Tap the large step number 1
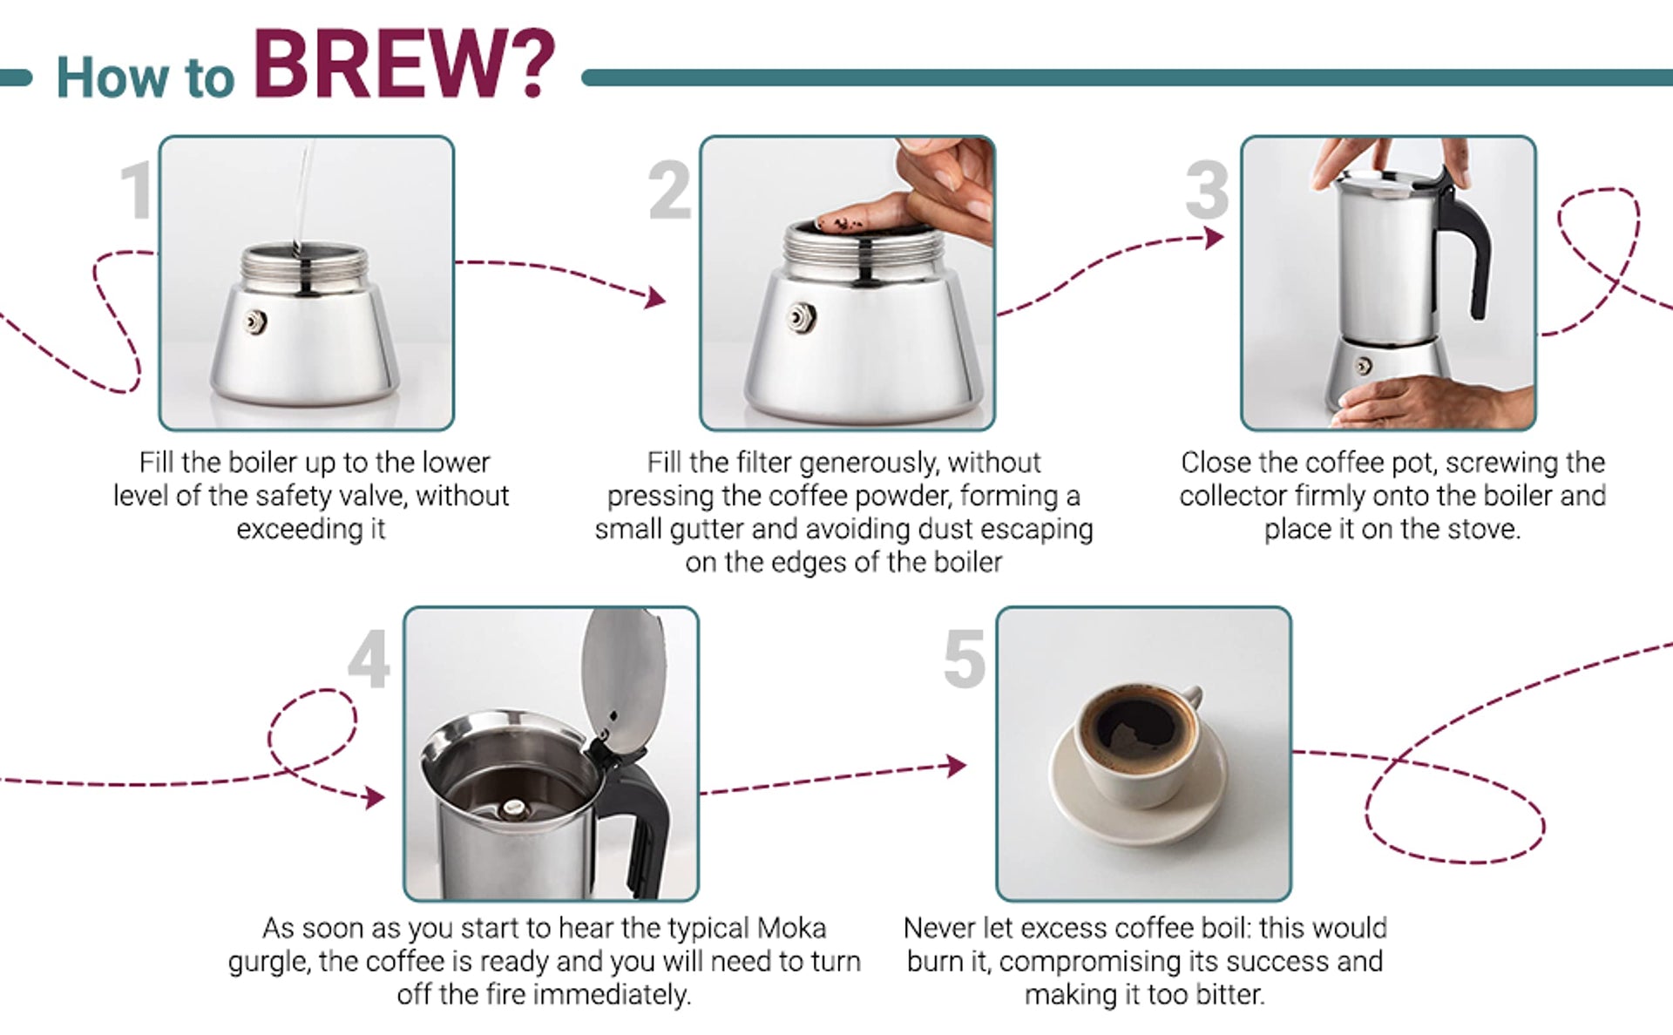(137, 189)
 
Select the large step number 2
(669, 189)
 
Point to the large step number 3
(1207, 189)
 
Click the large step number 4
(369, 660)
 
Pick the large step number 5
(964, 660)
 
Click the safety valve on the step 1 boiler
(254, 321)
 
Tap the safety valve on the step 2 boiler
(801, 317)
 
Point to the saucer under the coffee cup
(1138, 788)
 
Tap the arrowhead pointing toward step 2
(655, 298)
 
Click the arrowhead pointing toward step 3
(1214, 237)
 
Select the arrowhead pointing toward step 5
(958, 766)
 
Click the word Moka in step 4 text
(791, 928)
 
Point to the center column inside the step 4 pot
(514, 809)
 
